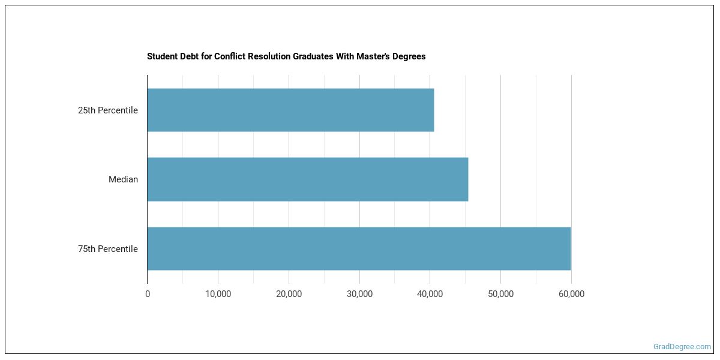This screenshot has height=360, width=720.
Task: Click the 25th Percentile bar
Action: point(290,110)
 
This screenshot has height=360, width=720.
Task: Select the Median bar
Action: point(307,179)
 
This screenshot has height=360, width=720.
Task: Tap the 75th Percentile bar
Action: point(359,248)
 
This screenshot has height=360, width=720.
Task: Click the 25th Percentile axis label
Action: point(108,110)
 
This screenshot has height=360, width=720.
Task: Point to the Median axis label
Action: point(123,179)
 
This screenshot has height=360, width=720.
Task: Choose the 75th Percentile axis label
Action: point(108,249)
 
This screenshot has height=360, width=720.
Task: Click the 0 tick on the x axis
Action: point(148,294)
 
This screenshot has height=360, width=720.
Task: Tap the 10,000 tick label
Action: point(218,294)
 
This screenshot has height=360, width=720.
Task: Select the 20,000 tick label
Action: point(289,294)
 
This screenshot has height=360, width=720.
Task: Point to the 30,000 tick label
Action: point(359,294)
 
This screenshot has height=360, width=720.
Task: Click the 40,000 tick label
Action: point(430,294)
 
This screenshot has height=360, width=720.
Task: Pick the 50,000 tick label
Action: point(500,294)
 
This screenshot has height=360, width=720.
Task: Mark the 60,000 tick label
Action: point(571,294)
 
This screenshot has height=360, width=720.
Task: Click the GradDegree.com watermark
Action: point(682,347)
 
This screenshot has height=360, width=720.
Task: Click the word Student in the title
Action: point(161,56)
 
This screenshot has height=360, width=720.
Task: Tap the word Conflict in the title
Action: point(225,56)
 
